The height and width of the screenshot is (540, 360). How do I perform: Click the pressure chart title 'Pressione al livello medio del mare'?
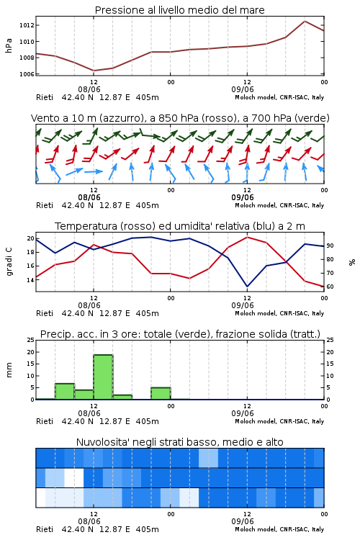pyautogui.click(x=179, y=10)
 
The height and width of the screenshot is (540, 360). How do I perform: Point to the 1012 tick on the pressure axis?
pyautogui.click(x=27, y=25)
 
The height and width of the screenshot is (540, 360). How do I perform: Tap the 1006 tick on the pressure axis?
pyautogui.click(x=27, y=74)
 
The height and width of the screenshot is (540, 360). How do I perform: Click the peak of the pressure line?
pyautogui.click(x=305, y=21)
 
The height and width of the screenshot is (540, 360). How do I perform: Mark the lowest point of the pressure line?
pyautogui.click(x=94, y=71)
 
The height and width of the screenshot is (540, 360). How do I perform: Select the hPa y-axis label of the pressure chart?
pyautogui.click(x=9, y=45)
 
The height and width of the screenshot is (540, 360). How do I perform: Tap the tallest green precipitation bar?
pyautogui.click(x=104, y=377)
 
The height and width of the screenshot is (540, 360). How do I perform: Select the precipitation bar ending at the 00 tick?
pyautogui.click(x=161, y=393)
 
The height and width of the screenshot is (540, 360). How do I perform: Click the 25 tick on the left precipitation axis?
pyautogui.click(x=31, y=340)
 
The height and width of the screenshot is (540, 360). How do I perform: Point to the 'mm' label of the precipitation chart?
pyautogui.click(x=9, y=369)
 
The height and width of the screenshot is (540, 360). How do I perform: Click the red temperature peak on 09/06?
pyautogui.click(x=248, y=237)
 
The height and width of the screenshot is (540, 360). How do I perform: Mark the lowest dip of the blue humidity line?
pyautogui.click(x=248, y=286)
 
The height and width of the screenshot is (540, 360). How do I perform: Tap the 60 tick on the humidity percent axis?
pyautogui.click(x=330, y=287)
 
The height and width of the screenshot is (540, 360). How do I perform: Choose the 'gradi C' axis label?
pyautogui.click(x=9, y=262)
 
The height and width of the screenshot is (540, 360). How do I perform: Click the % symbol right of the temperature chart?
pyautogui.click(x=352, y=262)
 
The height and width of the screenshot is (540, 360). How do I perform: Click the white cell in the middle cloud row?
pyautogui.click(x=74, y=477)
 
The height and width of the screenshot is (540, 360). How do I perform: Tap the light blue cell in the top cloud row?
pyautogui.click(x=208, y=458)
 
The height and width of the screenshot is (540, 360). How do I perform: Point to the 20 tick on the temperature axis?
pyautogui.click(x=31, y=238)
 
